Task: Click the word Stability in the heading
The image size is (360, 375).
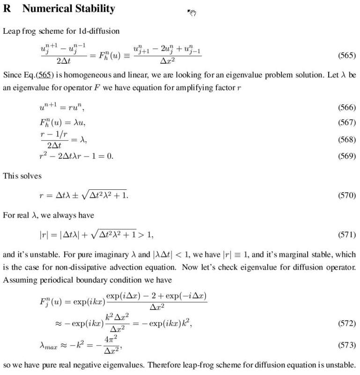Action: (97, 9)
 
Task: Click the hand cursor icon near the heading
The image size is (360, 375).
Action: (191, 13)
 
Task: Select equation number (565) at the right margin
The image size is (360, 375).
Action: (347, 55)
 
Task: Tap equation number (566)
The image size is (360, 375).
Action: (347, 108)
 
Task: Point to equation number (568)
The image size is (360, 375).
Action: (347, 140)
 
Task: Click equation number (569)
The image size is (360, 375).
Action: (347, 156)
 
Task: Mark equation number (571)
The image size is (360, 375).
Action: (347, 233)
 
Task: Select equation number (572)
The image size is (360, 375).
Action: (347, 323)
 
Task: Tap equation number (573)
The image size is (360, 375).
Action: (347, 345)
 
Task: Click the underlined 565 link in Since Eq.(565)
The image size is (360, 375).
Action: (45, 75)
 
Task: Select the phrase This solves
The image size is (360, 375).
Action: (22, 176)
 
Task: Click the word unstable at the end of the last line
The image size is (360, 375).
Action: (343, 365)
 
